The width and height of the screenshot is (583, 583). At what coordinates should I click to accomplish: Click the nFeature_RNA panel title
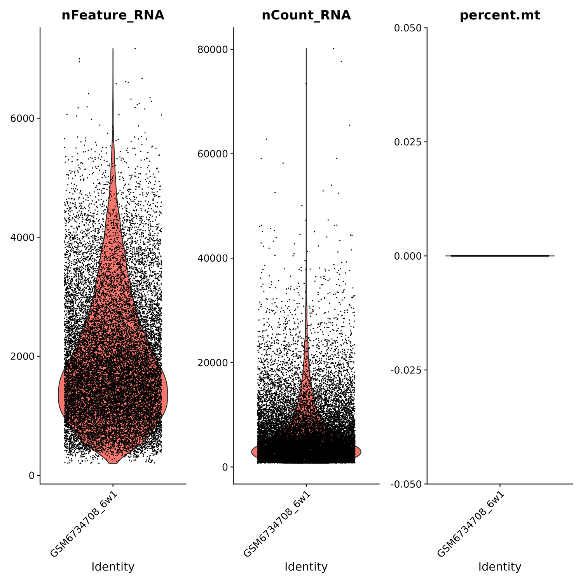click(x=113, y=15)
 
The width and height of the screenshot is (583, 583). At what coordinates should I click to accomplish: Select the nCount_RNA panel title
click(x=306, y=15)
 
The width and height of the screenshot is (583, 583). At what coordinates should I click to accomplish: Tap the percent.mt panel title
click(x=500, y=15)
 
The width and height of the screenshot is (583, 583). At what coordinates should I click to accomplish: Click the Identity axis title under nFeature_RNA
click(x=113, y=567)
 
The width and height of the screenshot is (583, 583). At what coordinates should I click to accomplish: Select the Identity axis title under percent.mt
click(x=500, y=567)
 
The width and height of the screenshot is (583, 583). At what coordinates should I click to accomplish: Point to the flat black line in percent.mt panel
click(x=500, y=256)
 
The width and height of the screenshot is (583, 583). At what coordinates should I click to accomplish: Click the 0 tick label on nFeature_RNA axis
click(x=32, y=475)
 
